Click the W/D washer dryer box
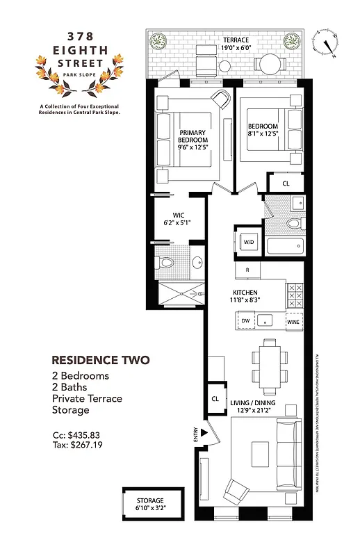(x=249, y=242)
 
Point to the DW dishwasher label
(x=245, y=320)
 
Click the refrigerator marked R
(x=247, y=269)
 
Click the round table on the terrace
(x=268, y=64)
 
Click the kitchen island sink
(x=265, y=320)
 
